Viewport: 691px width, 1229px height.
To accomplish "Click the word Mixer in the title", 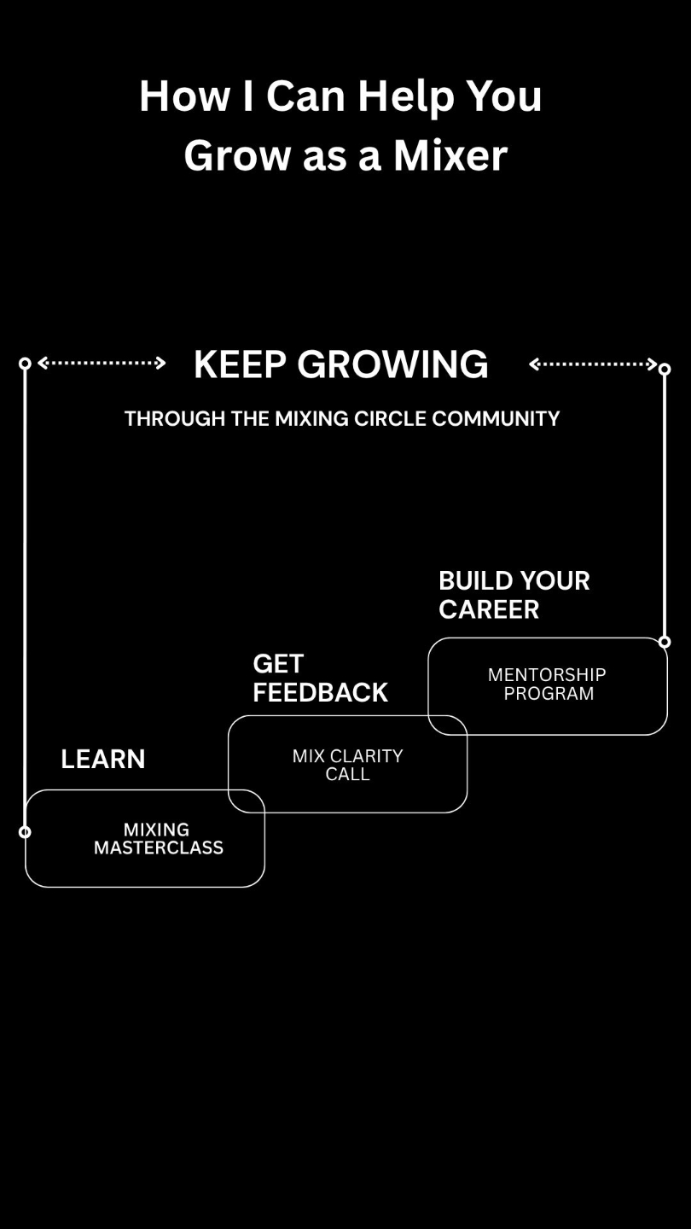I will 450,155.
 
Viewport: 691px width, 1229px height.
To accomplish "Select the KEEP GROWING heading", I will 340,364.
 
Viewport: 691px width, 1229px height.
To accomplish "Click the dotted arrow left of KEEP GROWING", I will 102,364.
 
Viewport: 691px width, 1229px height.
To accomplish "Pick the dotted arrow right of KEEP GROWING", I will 593,364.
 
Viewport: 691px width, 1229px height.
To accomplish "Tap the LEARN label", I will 102,759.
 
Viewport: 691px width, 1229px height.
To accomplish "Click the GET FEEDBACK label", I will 320,678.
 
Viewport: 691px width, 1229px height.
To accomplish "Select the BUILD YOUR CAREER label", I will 514,595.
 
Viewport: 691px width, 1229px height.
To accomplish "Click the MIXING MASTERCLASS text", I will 158,838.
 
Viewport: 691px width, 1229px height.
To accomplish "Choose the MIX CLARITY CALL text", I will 347,765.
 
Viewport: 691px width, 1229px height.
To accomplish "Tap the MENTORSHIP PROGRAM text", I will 547,684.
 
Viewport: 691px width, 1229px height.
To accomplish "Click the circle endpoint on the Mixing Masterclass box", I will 25,832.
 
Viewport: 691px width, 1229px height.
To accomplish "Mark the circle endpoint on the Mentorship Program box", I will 665,642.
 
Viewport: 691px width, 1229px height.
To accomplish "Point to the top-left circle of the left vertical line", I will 25,364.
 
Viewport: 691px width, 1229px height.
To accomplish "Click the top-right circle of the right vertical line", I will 665,370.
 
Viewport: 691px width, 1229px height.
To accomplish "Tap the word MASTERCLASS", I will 159,847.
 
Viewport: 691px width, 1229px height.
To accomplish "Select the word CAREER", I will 489,609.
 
